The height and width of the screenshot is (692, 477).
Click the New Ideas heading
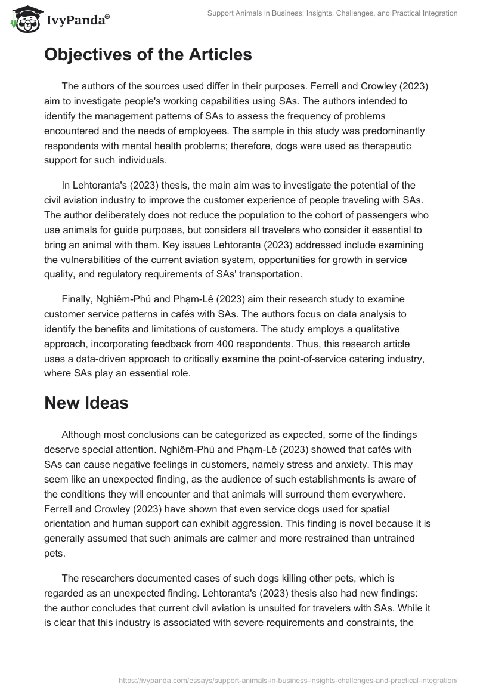(86, 403)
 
